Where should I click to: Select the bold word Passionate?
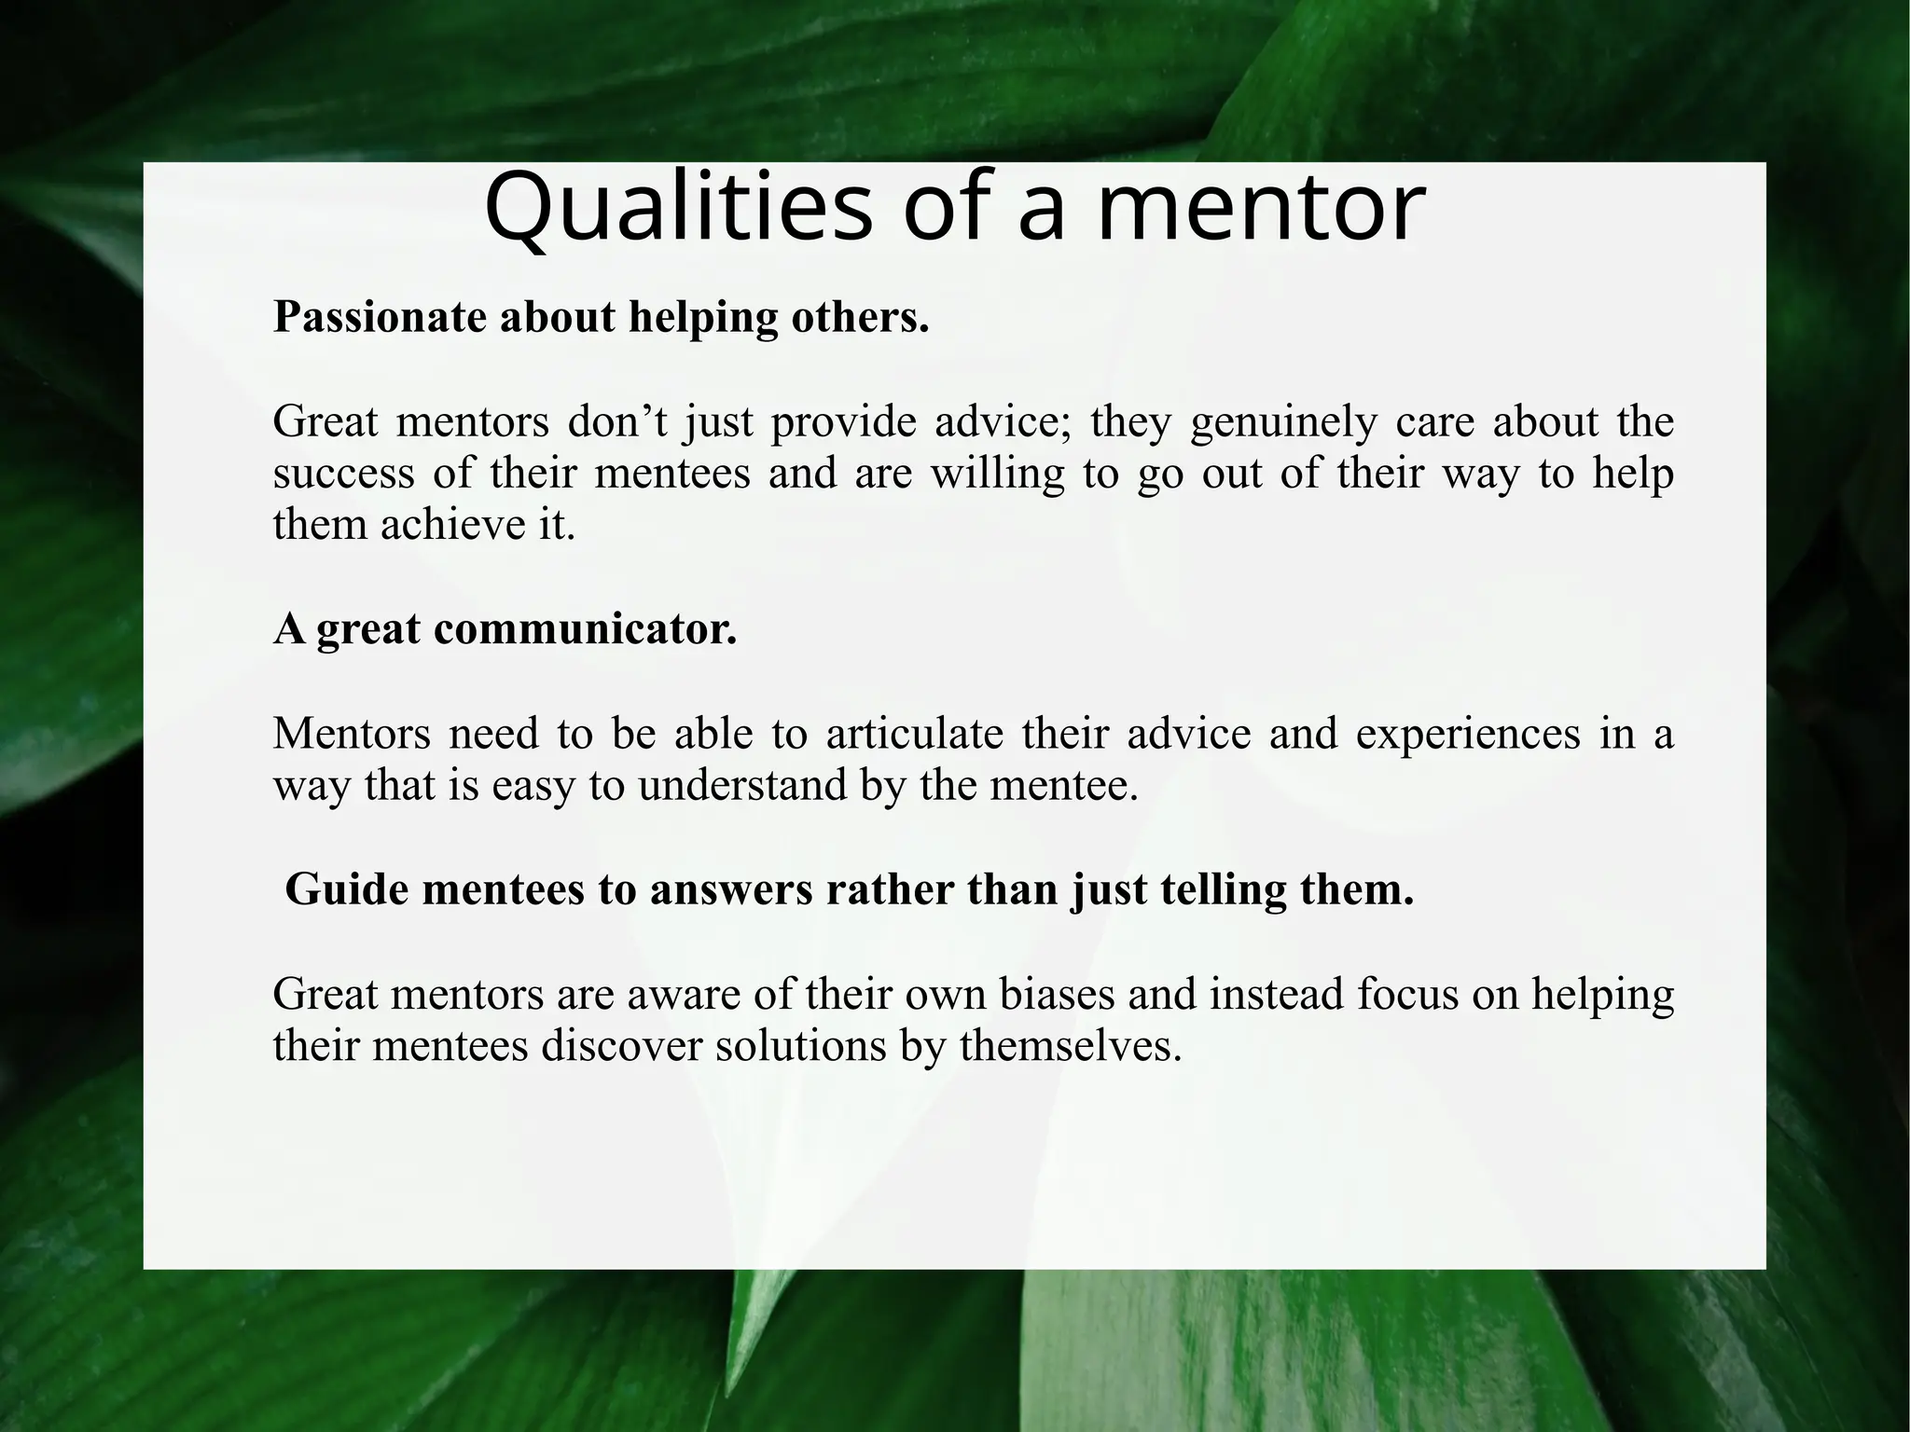tap(381, 318)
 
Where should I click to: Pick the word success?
tap(343, 474)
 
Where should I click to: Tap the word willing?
tap(997, 474)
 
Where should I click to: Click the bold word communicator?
tap(585, 629)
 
